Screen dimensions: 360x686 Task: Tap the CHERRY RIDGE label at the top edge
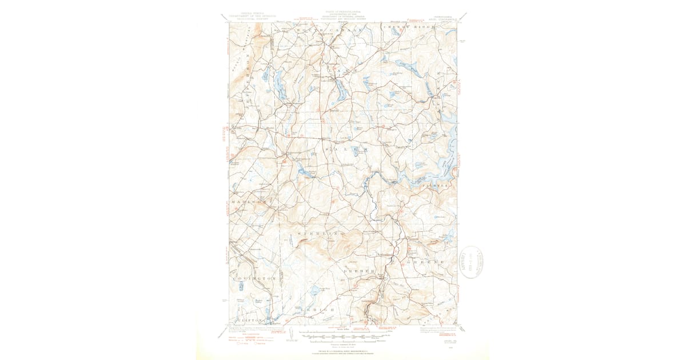pyautogui.click(x=408, y=27)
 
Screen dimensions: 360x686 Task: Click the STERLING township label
pyautogui.click(x=321, y=234)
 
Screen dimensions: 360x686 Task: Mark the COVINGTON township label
pyautogui.click(x=255, y=278)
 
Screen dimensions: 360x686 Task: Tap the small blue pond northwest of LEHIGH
pyautogui.click(x=313, y=291)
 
